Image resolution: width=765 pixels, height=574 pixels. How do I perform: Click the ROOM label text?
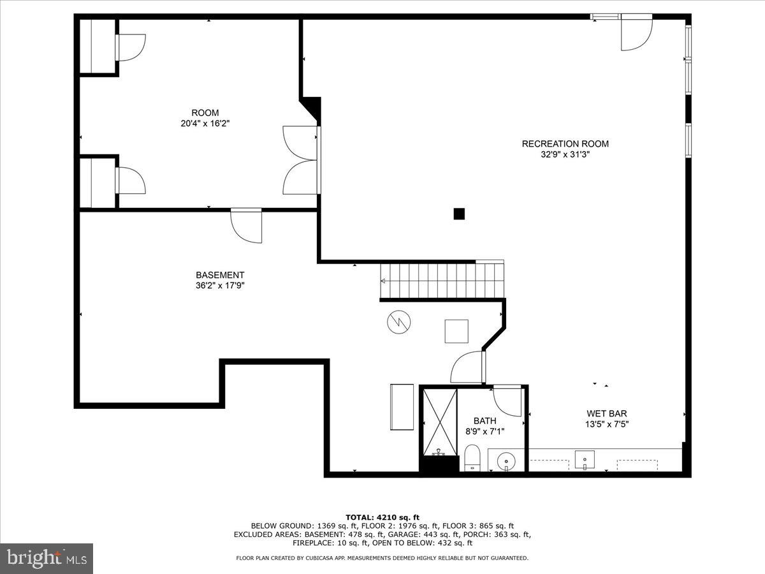[205, 113]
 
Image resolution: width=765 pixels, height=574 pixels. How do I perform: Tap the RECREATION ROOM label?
[565, 143]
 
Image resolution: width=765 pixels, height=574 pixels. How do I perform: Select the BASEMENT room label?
[220, 275]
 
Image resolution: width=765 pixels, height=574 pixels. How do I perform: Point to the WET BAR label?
[606, 413]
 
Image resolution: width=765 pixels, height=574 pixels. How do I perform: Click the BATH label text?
[484, 421]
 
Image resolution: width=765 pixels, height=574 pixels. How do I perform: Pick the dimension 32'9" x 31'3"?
[565, 154]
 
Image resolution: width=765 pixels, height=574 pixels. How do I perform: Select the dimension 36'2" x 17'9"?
[220, 286]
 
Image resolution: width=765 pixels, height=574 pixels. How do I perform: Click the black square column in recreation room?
[459, 214]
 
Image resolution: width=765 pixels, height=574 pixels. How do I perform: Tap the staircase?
[442, 280]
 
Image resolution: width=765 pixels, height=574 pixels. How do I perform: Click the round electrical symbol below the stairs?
[398, 323]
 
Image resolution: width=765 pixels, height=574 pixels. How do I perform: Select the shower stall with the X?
[441, 422]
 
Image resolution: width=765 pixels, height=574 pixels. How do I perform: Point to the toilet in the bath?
[472, 458]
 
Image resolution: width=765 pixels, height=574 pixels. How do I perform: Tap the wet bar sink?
[585, 459]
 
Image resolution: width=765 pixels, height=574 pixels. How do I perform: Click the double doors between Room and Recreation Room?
[301, 160]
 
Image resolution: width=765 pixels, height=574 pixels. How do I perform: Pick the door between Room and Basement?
[247, 225]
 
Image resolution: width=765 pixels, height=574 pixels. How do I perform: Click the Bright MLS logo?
[47, 558]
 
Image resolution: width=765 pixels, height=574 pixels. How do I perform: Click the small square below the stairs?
[456, 331]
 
